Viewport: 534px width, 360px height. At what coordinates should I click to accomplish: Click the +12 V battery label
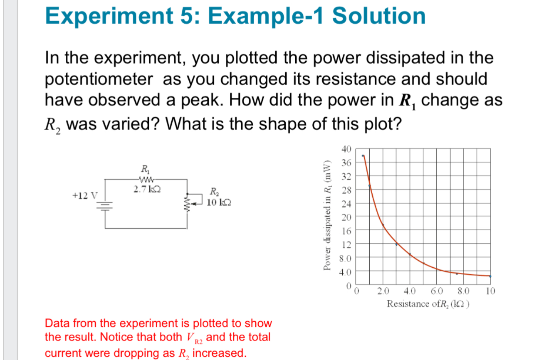pyautogui.click(x=84, y=195)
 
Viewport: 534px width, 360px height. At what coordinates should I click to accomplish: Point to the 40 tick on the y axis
pyautogui.click(x=346, y=148)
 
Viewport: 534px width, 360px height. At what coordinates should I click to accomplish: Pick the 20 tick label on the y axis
pyautogui.click(x=346, y=217)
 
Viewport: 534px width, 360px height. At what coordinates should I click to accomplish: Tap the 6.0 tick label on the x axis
pyautogui.click(x=437, y=291)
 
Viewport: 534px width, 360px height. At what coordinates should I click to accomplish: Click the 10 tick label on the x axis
pyautogui.click(x=490, y=291)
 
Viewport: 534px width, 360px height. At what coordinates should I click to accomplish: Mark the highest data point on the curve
pyautogui.click(x=363, y=156)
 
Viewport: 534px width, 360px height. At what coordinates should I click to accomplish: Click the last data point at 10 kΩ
pyautogui.click(x=490, y=276)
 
